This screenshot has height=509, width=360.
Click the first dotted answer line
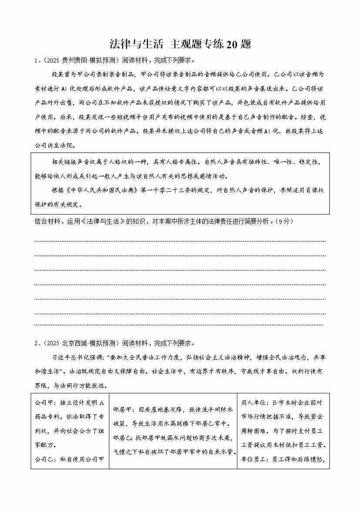point(179,241)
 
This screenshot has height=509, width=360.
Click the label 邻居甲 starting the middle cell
point(122,410)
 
